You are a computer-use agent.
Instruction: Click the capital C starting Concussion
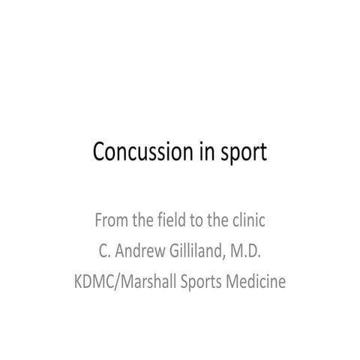(98, 151)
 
